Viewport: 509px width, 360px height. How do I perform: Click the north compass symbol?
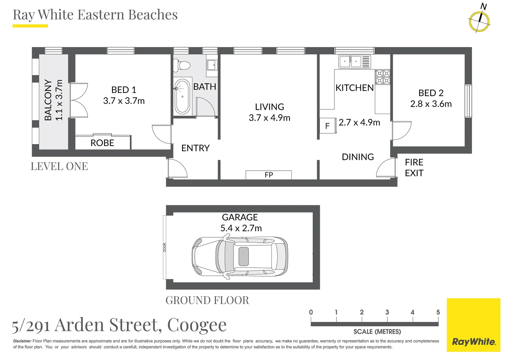tap(479, 21)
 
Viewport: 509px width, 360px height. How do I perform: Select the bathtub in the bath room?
tap(182, 97)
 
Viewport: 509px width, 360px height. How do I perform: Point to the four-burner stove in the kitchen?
tap(383, 77)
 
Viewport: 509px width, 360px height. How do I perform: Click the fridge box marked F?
tap(327, 126)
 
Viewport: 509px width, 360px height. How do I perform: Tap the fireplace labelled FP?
tap(268, 175)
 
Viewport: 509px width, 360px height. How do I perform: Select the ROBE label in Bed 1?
tap(102, 143)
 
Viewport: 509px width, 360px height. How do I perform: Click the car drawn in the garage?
tap(240, 257)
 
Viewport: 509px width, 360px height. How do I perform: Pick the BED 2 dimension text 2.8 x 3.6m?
tap(431, 104)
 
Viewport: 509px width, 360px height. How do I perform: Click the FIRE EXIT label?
tap(414, 168)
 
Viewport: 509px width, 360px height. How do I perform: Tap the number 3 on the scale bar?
tap(387, 312)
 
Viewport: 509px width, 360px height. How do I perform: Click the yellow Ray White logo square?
tap(473, 325)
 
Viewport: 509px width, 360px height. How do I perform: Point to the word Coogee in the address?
tap(197, 325)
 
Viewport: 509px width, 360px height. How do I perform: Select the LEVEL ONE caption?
tap(59, 166)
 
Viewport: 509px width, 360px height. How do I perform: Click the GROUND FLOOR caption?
tap(207, 300)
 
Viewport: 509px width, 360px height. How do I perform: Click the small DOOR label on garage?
tap(165, 247)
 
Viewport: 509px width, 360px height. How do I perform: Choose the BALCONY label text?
tap(48, 100)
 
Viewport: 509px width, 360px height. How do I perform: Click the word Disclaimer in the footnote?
tap(22, 341)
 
